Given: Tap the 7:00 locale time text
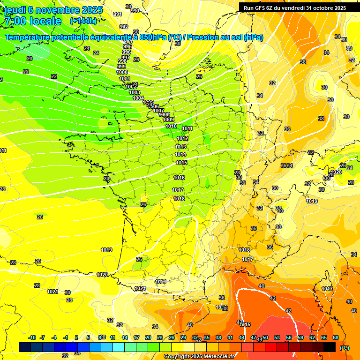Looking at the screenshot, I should (x=33, y=21).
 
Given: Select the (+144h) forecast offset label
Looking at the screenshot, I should (x=83, y=21).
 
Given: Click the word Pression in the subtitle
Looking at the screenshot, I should (x=207, y=37).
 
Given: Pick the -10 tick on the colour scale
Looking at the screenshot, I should (x=32, y=337).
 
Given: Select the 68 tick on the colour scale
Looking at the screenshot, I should (x=336, y=337).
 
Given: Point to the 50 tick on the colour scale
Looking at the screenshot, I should (x=265, y=337).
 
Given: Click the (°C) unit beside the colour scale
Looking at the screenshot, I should (x=345, y=348).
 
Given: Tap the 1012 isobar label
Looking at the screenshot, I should (x=182, y=139).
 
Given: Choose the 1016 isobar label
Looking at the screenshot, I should (x=179, y=178).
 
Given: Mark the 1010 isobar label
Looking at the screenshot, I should (x=171, y=126).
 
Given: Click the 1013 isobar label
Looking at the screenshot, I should (x=180, y=147).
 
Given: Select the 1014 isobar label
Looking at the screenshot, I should (x=180, y=154).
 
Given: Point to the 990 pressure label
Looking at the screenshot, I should (x=135, y=11).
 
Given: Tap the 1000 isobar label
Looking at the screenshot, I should (x=122, y=72).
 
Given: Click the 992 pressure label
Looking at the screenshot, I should (x=124, y=27).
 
